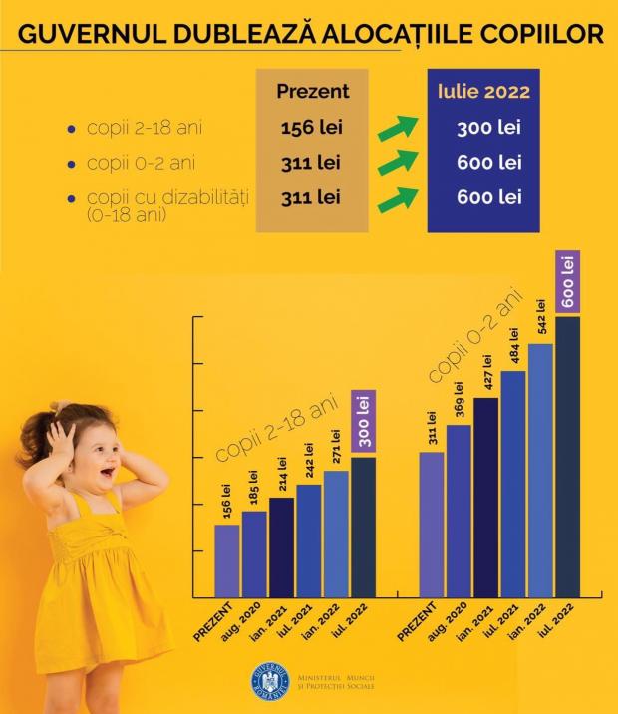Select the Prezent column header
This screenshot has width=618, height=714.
[x=312, y=92]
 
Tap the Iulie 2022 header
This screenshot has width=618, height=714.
[x=483, y=92]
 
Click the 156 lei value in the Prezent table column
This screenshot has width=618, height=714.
[x=311, y=128]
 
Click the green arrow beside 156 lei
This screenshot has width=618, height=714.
[x=397, y=128]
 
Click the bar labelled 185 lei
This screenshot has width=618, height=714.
[x=255, y=552]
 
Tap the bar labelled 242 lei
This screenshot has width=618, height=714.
[x=309, y=538]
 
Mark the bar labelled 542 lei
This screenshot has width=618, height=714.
[x=540, y=469]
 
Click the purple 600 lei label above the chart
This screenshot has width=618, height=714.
[x=568, y=282]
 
